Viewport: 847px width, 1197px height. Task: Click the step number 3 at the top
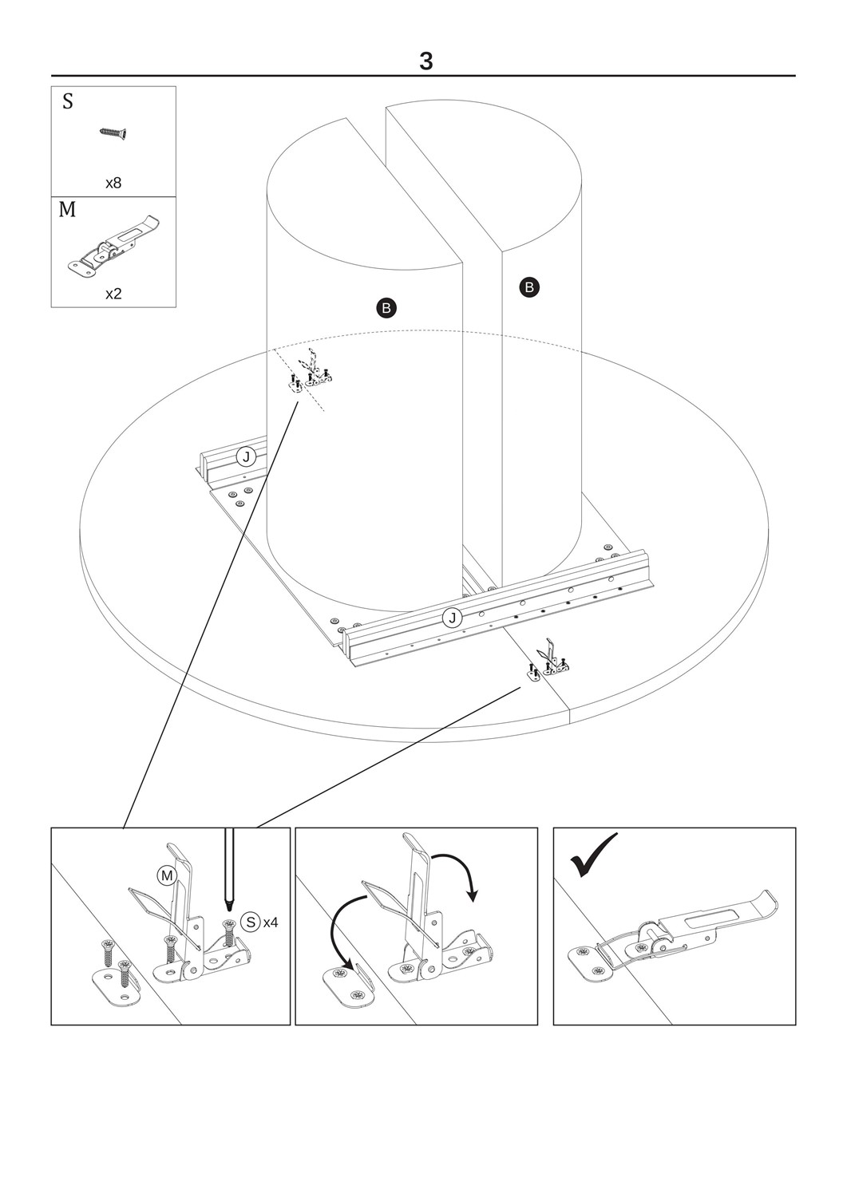[x=425, y=61]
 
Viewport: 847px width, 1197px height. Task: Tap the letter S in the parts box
[x=68, y=101]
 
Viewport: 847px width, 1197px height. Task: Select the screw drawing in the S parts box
[x=113, y=133]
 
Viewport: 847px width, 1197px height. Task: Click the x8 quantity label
[x=113, y=184]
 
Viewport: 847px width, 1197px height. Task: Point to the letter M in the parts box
[x=67, y=209]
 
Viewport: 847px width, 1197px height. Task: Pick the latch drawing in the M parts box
[x=116, y=247]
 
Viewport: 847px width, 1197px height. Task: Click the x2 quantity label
[x=113, y=294]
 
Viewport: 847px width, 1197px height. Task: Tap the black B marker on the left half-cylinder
[x=386, y=308]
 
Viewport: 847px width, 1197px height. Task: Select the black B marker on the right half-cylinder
[x=529, y=287]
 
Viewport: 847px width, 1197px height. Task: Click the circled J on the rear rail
[x=247, y=457]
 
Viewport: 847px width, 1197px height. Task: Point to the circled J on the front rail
[x=453, y=618]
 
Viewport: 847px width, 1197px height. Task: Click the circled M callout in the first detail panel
[x=166, y=875]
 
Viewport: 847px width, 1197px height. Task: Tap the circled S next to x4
[x=250, y=922]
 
